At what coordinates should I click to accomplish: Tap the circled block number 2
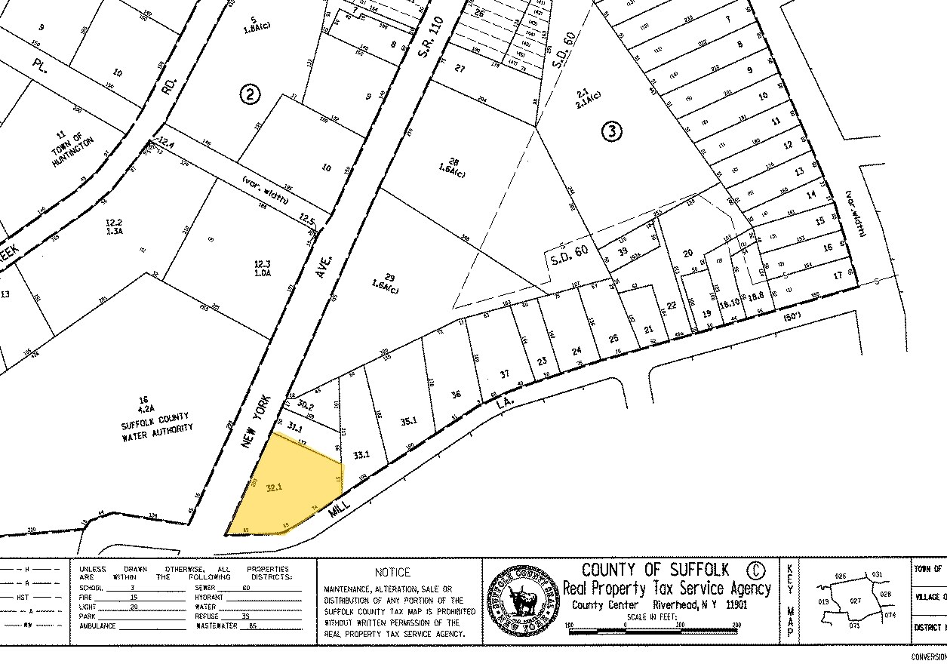pyautogui.click(x=250, y=94)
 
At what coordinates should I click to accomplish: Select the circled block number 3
pyautogui.click(x=612, y=131)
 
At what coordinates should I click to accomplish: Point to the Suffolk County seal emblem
pyautogui.click(x=523, y=602)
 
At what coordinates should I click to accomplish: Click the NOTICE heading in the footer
pyautogui.click(x=392, y=572)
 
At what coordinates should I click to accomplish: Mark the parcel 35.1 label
pyautogui.click(x=409, y=422)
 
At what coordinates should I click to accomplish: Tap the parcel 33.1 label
pyautogui.click(x=361, y=454)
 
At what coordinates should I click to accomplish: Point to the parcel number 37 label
pyautogui.click(x=505, y=374)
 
